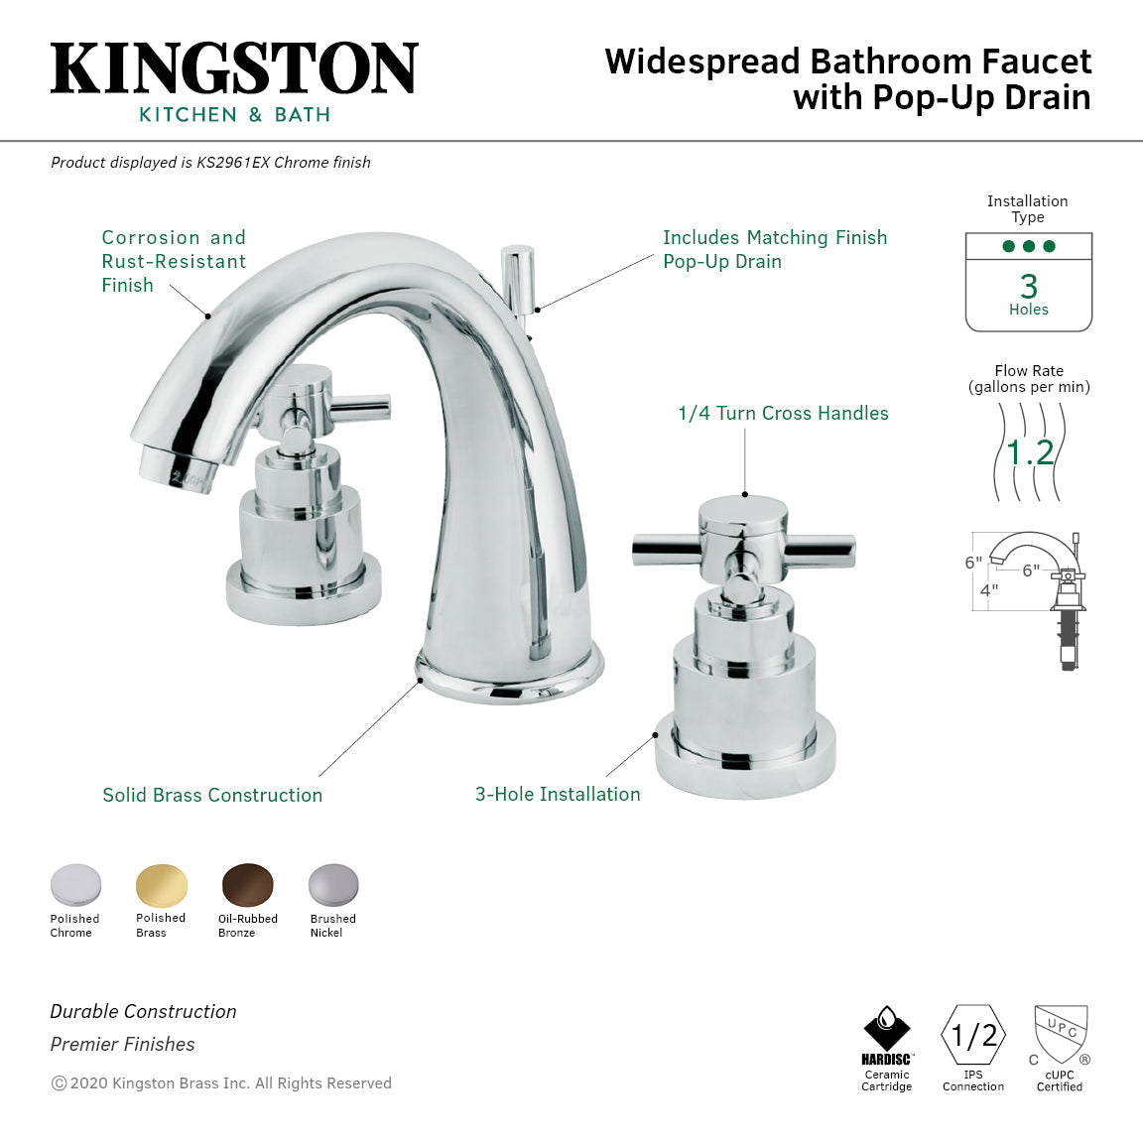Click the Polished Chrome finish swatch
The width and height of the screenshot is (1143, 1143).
coord(75,885)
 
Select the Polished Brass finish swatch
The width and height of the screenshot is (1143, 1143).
coord(161,885)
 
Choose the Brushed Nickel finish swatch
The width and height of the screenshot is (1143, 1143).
coord(333,885)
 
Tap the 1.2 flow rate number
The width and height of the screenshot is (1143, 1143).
coord(1029,453)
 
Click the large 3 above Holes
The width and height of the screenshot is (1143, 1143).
coord(1029,287)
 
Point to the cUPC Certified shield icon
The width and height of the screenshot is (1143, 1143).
coord(1061,1034)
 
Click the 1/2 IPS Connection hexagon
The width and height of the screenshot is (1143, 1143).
coord(973,1036)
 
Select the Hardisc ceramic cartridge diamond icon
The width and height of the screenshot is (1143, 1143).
coord(886,1028)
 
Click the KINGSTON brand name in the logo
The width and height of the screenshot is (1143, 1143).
coord(234,69)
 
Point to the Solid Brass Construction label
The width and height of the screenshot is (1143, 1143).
coord(212,795)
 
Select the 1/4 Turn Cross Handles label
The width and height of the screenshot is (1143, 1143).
coord(783,414)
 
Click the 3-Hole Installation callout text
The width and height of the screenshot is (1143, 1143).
coord(558,794)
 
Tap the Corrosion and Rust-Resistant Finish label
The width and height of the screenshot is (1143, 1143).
coord(174,261)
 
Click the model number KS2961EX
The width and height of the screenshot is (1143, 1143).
coord(233,163)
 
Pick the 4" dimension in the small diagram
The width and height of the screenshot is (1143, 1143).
coord(989,589)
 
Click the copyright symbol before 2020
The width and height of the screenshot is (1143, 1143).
coord(59,1083)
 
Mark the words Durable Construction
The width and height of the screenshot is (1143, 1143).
coord(143,1011)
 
